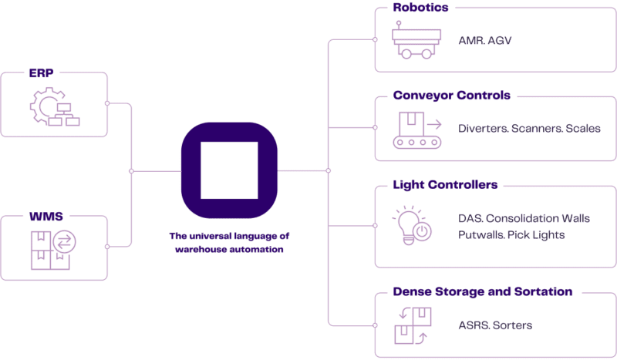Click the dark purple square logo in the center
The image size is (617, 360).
click(228, 170)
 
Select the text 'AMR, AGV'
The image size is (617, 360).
click(484, 40)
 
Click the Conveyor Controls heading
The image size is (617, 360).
click(452, 96)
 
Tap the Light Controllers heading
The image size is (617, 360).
click(445, 185)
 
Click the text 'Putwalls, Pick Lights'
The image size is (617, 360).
click(511, 234)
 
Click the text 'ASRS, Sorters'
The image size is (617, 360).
click(494, 325)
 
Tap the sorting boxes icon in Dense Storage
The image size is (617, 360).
click(411, 323)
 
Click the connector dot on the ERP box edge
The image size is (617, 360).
click(107, 103)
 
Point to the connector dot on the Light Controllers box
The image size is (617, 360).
click(374, 226)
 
